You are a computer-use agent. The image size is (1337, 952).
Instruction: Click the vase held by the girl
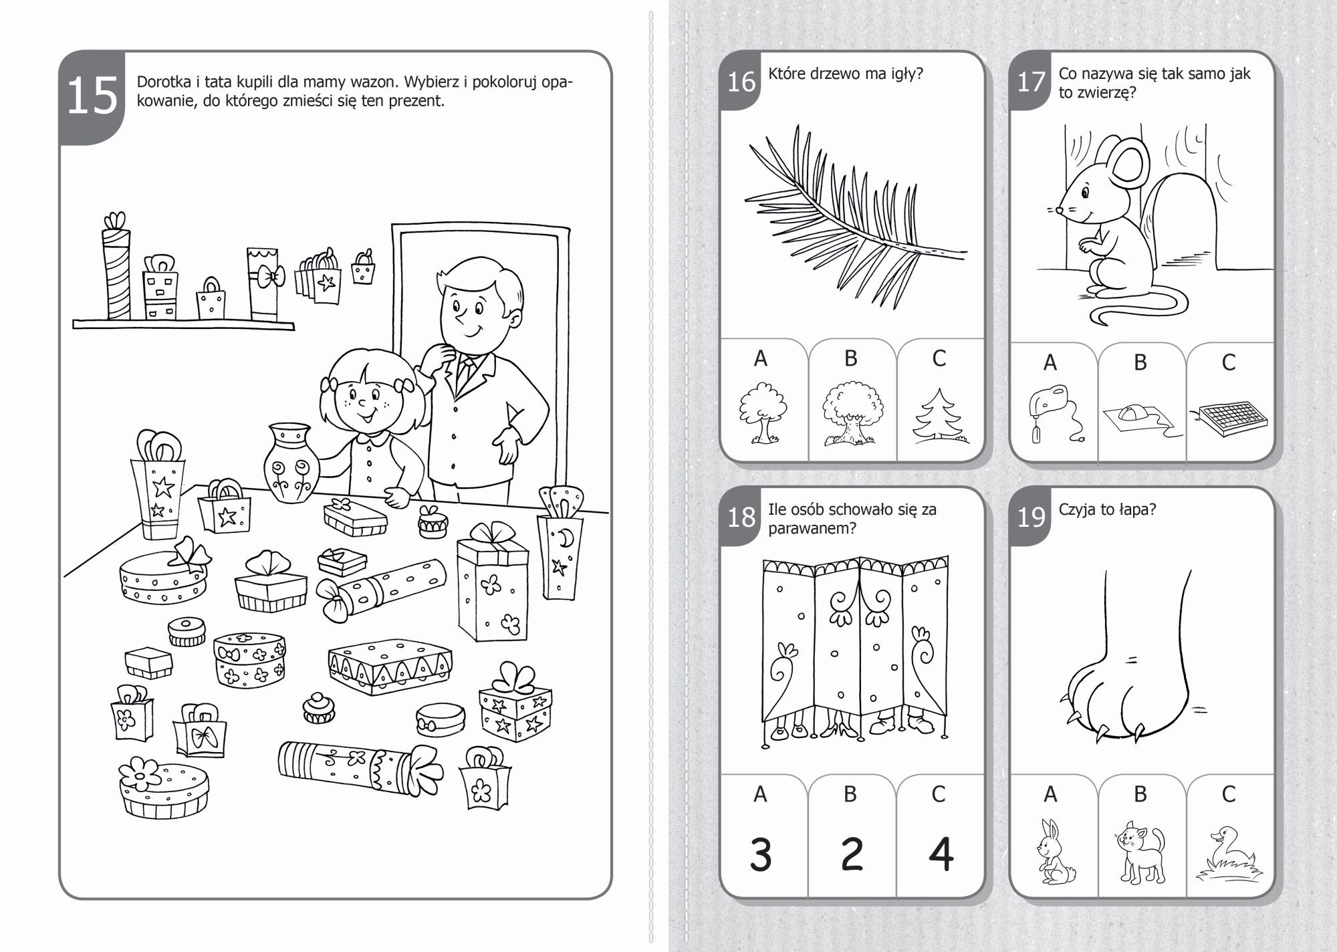point(289,462)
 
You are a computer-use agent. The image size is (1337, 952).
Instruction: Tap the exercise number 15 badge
point(92,98)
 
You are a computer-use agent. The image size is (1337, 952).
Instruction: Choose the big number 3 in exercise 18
point(761,854)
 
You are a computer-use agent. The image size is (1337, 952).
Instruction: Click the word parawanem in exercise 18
point(812,528)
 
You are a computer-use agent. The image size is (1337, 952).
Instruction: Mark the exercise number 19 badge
point(1031,517)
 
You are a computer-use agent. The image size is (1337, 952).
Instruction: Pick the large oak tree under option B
point(852,414)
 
